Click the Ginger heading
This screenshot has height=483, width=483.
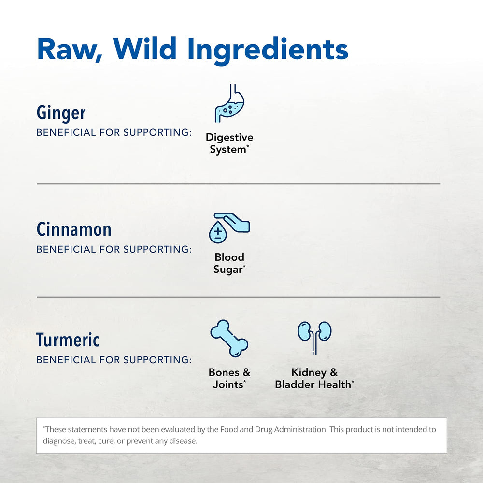[61, 113]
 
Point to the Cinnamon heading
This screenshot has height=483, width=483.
[74, 229]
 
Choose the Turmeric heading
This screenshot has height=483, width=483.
[68, 340]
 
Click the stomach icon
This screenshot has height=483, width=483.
[229, 103]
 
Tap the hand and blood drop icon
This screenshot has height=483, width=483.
[229, 227]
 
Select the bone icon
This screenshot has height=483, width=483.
[229, 338]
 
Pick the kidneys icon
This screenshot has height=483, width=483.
[314, 336]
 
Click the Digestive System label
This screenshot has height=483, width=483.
[229, 143]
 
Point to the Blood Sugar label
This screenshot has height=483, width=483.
[229, 263]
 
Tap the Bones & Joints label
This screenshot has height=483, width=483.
[229, 379]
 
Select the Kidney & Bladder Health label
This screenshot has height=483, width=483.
[314, 379]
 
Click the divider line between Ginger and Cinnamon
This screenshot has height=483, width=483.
[239, 184]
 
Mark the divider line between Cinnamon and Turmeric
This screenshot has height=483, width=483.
[239, 297]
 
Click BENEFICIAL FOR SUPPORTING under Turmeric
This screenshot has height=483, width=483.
[114, 360]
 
